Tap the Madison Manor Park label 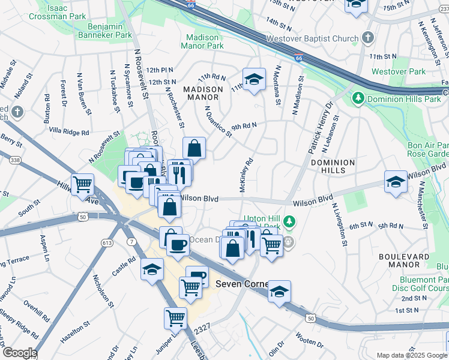[203, 41]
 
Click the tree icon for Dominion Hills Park [358, 97]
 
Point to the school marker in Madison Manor [254, 79]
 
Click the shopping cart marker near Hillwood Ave [82, 184]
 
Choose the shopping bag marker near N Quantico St [194, 148]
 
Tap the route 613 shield [107, 242]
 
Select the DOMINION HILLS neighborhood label [333, 167]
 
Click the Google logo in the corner [19, 353]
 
